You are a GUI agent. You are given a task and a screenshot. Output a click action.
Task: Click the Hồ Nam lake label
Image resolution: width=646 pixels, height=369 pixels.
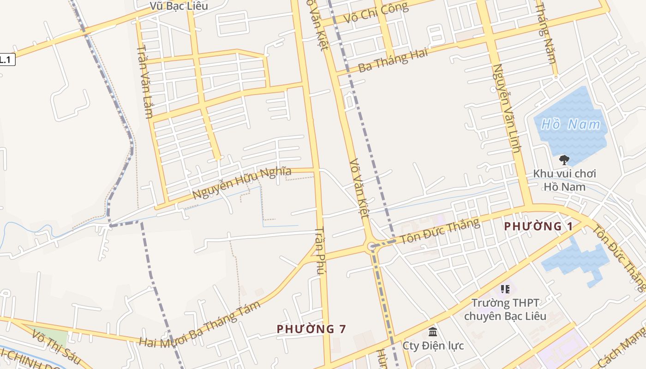[x=571, y=125]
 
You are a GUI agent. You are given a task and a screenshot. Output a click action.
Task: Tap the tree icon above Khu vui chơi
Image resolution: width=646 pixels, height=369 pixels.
[x=564, y=160]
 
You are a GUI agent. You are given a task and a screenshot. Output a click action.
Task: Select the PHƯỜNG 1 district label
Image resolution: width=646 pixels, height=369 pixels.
[x=538, y=226]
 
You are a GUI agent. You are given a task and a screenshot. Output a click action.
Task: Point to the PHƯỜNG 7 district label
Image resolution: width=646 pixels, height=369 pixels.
[x=311, y=329]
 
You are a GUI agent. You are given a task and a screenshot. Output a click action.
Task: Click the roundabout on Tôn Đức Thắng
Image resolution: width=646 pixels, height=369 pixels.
[x=371, y=247]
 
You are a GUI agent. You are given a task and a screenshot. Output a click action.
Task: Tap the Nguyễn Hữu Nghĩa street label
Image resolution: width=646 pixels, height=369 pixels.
[x=242, y=183]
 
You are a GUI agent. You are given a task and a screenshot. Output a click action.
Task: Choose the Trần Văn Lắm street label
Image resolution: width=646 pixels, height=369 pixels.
[x=145, y=82]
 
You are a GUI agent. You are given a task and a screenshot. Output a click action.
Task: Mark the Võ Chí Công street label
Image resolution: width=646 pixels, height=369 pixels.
[x=376, y=13]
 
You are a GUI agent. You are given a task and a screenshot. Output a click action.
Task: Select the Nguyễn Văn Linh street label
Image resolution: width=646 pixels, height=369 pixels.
[x=506, y=108]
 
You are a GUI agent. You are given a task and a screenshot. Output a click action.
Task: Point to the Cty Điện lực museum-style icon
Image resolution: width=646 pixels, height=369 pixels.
[x=433, y=332]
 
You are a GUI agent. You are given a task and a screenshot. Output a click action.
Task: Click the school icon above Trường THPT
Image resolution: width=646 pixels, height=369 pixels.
[x=505, y=289]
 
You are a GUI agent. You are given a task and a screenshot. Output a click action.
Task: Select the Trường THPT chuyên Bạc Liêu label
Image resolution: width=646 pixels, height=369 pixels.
[x=505, y=309]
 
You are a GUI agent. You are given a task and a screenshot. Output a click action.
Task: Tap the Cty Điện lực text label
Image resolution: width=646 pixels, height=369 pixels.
[x=433, y=345]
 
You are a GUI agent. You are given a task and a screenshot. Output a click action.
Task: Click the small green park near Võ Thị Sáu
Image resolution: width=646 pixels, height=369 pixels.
[x=51, y=335]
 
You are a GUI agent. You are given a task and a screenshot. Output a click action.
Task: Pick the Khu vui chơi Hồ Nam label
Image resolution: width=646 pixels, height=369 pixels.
[x=564, y=180]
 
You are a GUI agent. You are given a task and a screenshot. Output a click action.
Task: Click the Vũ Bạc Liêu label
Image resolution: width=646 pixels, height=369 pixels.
[x=179, y=6]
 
